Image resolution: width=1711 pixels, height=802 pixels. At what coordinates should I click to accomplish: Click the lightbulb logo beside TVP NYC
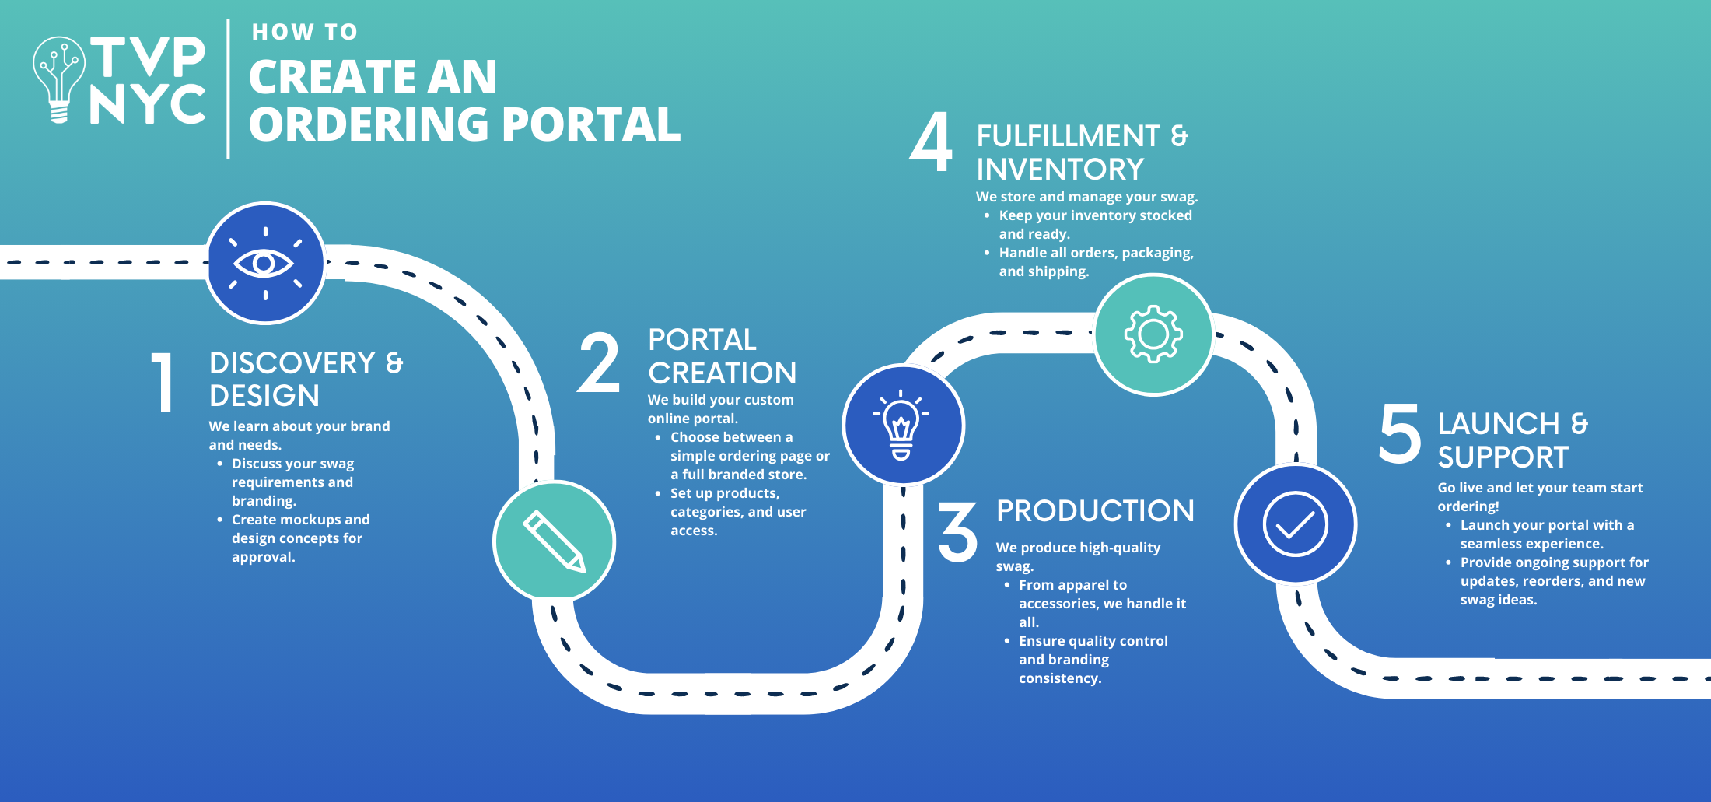click(x=59, y=78)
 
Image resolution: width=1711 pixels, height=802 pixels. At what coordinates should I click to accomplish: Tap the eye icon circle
click(x=265, y=264)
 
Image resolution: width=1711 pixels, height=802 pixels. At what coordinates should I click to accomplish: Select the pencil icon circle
click(x=554, y=541)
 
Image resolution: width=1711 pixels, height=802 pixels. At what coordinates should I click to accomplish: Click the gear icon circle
click(x=1153, y=334)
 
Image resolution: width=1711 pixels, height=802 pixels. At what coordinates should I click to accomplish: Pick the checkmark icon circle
click(x=1295, y=524)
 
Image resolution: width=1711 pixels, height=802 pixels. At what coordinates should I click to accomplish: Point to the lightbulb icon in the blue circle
click(x=902, y=426)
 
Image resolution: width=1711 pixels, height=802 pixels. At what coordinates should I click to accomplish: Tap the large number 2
click(x=599, y=362)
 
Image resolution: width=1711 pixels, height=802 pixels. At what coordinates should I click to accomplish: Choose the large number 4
click(x=932, y=142)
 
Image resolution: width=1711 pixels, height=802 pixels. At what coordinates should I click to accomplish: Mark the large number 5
click(x=1400, y=433)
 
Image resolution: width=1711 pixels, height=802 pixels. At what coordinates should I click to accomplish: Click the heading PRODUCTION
click(x=1095, y=511)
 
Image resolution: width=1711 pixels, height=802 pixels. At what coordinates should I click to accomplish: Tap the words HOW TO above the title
click(x=305, y=32)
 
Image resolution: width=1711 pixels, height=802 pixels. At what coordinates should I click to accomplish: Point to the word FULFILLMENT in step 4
click(x=1068, y=136)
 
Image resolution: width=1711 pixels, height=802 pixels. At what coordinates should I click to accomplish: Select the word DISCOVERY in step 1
click(x=292, y=363)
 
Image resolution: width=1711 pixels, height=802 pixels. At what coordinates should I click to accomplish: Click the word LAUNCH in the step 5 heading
click(x=1499, y=424)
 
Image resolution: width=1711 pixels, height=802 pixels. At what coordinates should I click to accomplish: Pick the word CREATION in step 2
click(x=723, y=373)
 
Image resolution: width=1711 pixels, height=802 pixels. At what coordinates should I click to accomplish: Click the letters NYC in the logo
click(x=148, y=104)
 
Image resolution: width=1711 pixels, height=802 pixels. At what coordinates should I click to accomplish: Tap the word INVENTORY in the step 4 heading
click(x=1060, y=170)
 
